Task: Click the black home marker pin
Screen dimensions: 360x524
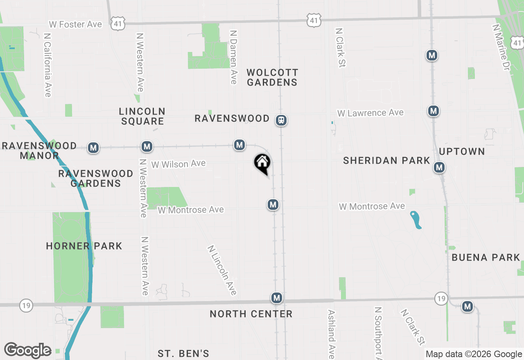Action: tap(262, 163)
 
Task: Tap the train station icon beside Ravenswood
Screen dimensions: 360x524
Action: tap(281, 120)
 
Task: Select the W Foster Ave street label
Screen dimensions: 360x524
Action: tap(75, 25)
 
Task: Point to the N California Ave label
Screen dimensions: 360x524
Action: tap(47, 65)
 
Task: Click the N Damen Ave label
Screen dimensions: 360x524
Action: tap(233, 57)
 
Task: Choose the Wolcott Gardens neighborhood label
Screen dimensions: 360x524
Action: tap(272, 77)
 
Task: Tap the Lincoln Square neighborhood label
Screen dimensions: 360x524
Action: tap(142, 116)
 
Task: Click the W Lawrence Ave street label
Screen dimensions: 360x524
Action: tap(370, 112)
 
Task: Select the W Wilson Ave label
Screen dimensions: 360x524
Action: tap(178, 164)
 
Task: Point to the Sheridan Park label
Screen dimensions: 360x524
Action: tap(386, 161)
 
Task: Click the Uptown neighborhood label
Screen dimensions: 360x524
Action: tap(462, 151)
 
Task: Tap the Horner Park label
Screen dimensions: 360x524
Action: tap(84, 246)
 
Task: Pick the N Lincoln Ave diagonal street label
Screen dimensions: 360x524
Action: tap(222, 270)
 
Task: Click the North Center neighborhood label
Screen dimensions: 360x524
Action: tap(251, 314)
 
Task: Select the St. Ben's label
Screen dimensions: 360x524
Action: tap(183, 353)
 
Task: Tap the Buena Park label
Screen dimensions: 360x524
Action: tap(486, 257)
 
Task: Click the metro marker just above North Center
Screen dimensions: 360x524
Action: tap(277, 298)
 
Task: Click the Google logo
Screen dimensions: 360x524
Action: tap(27, 351)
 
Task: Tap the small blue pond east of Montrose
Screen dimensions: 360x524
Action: tap(416, 220)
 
